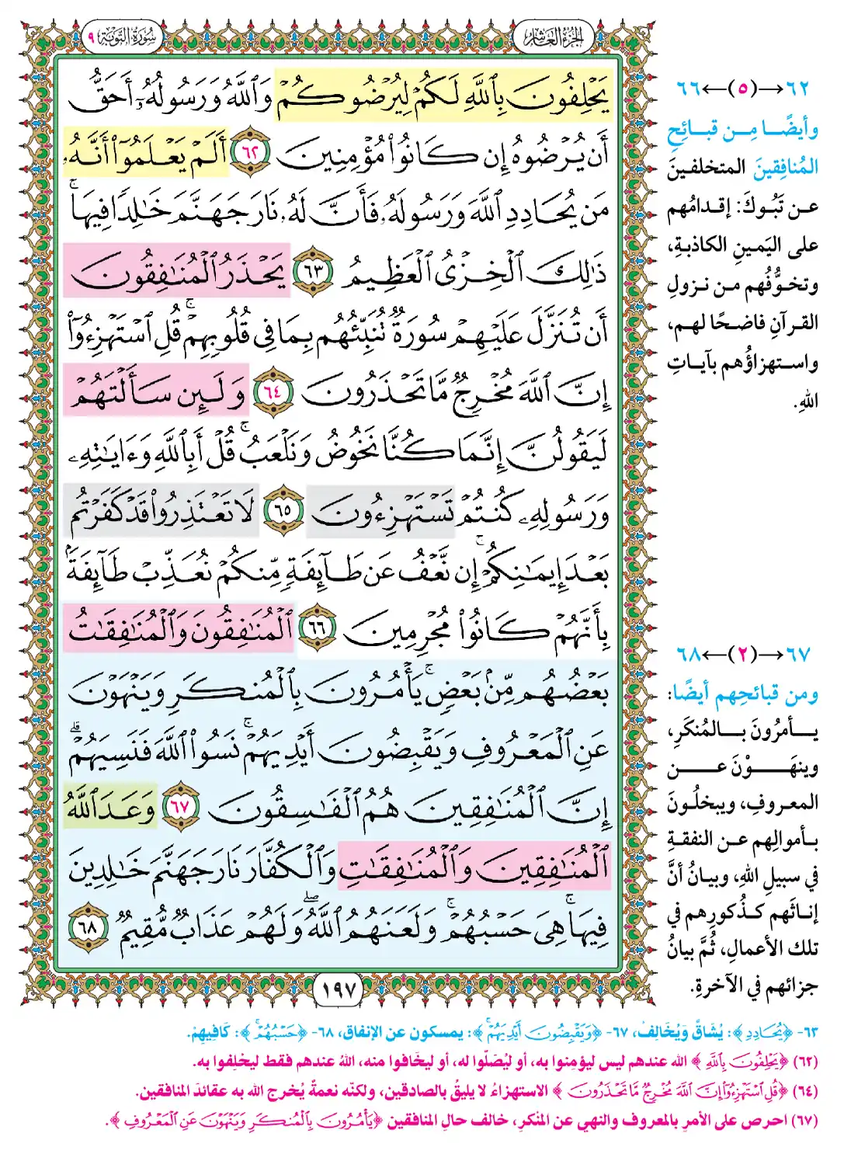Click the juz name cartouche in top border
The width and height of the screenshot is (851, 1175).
coord(553,37)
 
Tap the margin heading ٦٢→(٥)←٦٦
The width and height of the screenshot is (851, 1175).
coord(742,89)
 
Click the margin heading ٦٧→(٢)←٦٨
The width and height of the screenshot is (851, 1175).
coord(742,654)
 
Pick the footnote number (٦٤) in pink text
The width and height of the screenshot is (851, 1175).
coord(804,1091)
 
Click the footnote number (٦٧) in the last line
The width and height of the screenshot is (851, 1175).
coord(804,1121)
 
